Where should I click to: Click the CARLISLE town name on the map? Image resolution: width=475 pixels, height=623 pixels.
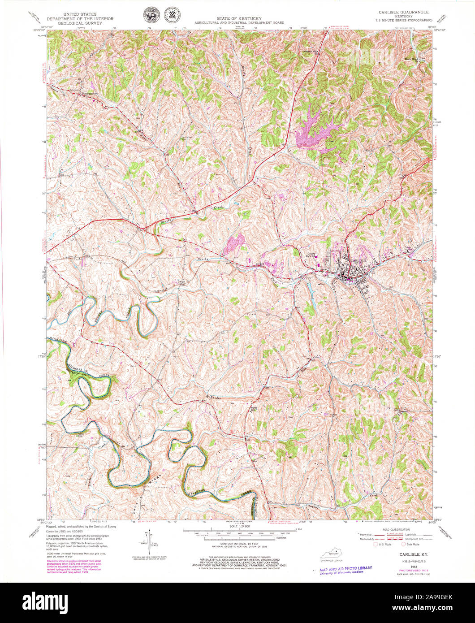(x=359, y=260)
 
